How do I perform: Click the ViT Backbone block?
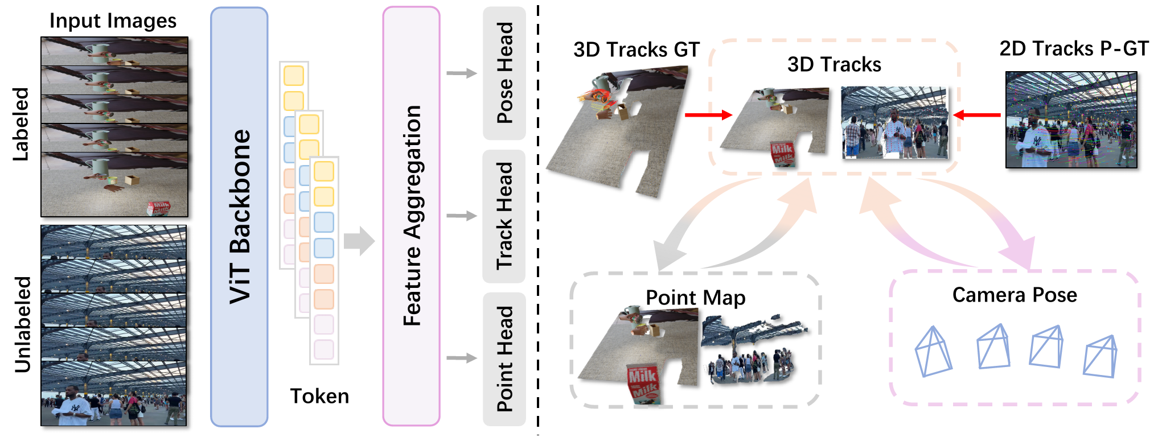coord(239,216)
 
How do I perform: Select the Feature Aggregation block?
coord(411,216)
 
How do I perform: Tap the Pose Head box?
coord(504,73)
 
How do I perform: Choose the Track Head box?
coord(504,216)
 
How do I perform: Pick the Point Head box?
coord(504,358)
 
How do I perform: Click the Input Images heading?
coord(113,21)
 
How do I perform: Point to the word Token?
coord(319,396)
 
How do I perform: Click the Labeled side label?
coord(21,124)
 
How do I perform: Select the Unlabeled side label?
coord(23,324)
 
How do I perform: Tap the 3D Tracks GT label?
coord(636,50)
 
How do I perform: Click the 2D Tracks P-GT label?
coord(1074,49)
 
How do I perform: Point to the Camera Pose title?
coord(1015,295)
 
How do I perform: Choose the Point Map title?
coord(695,298)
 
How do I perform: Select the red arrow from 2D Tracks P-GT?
coord(976,115)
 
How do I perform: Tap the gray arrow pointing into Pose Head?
coord(462,73)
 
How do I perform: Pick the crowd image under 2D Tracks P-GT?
coord(1071,119)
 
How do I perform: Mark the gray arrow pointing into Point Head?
coord(462,358)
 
